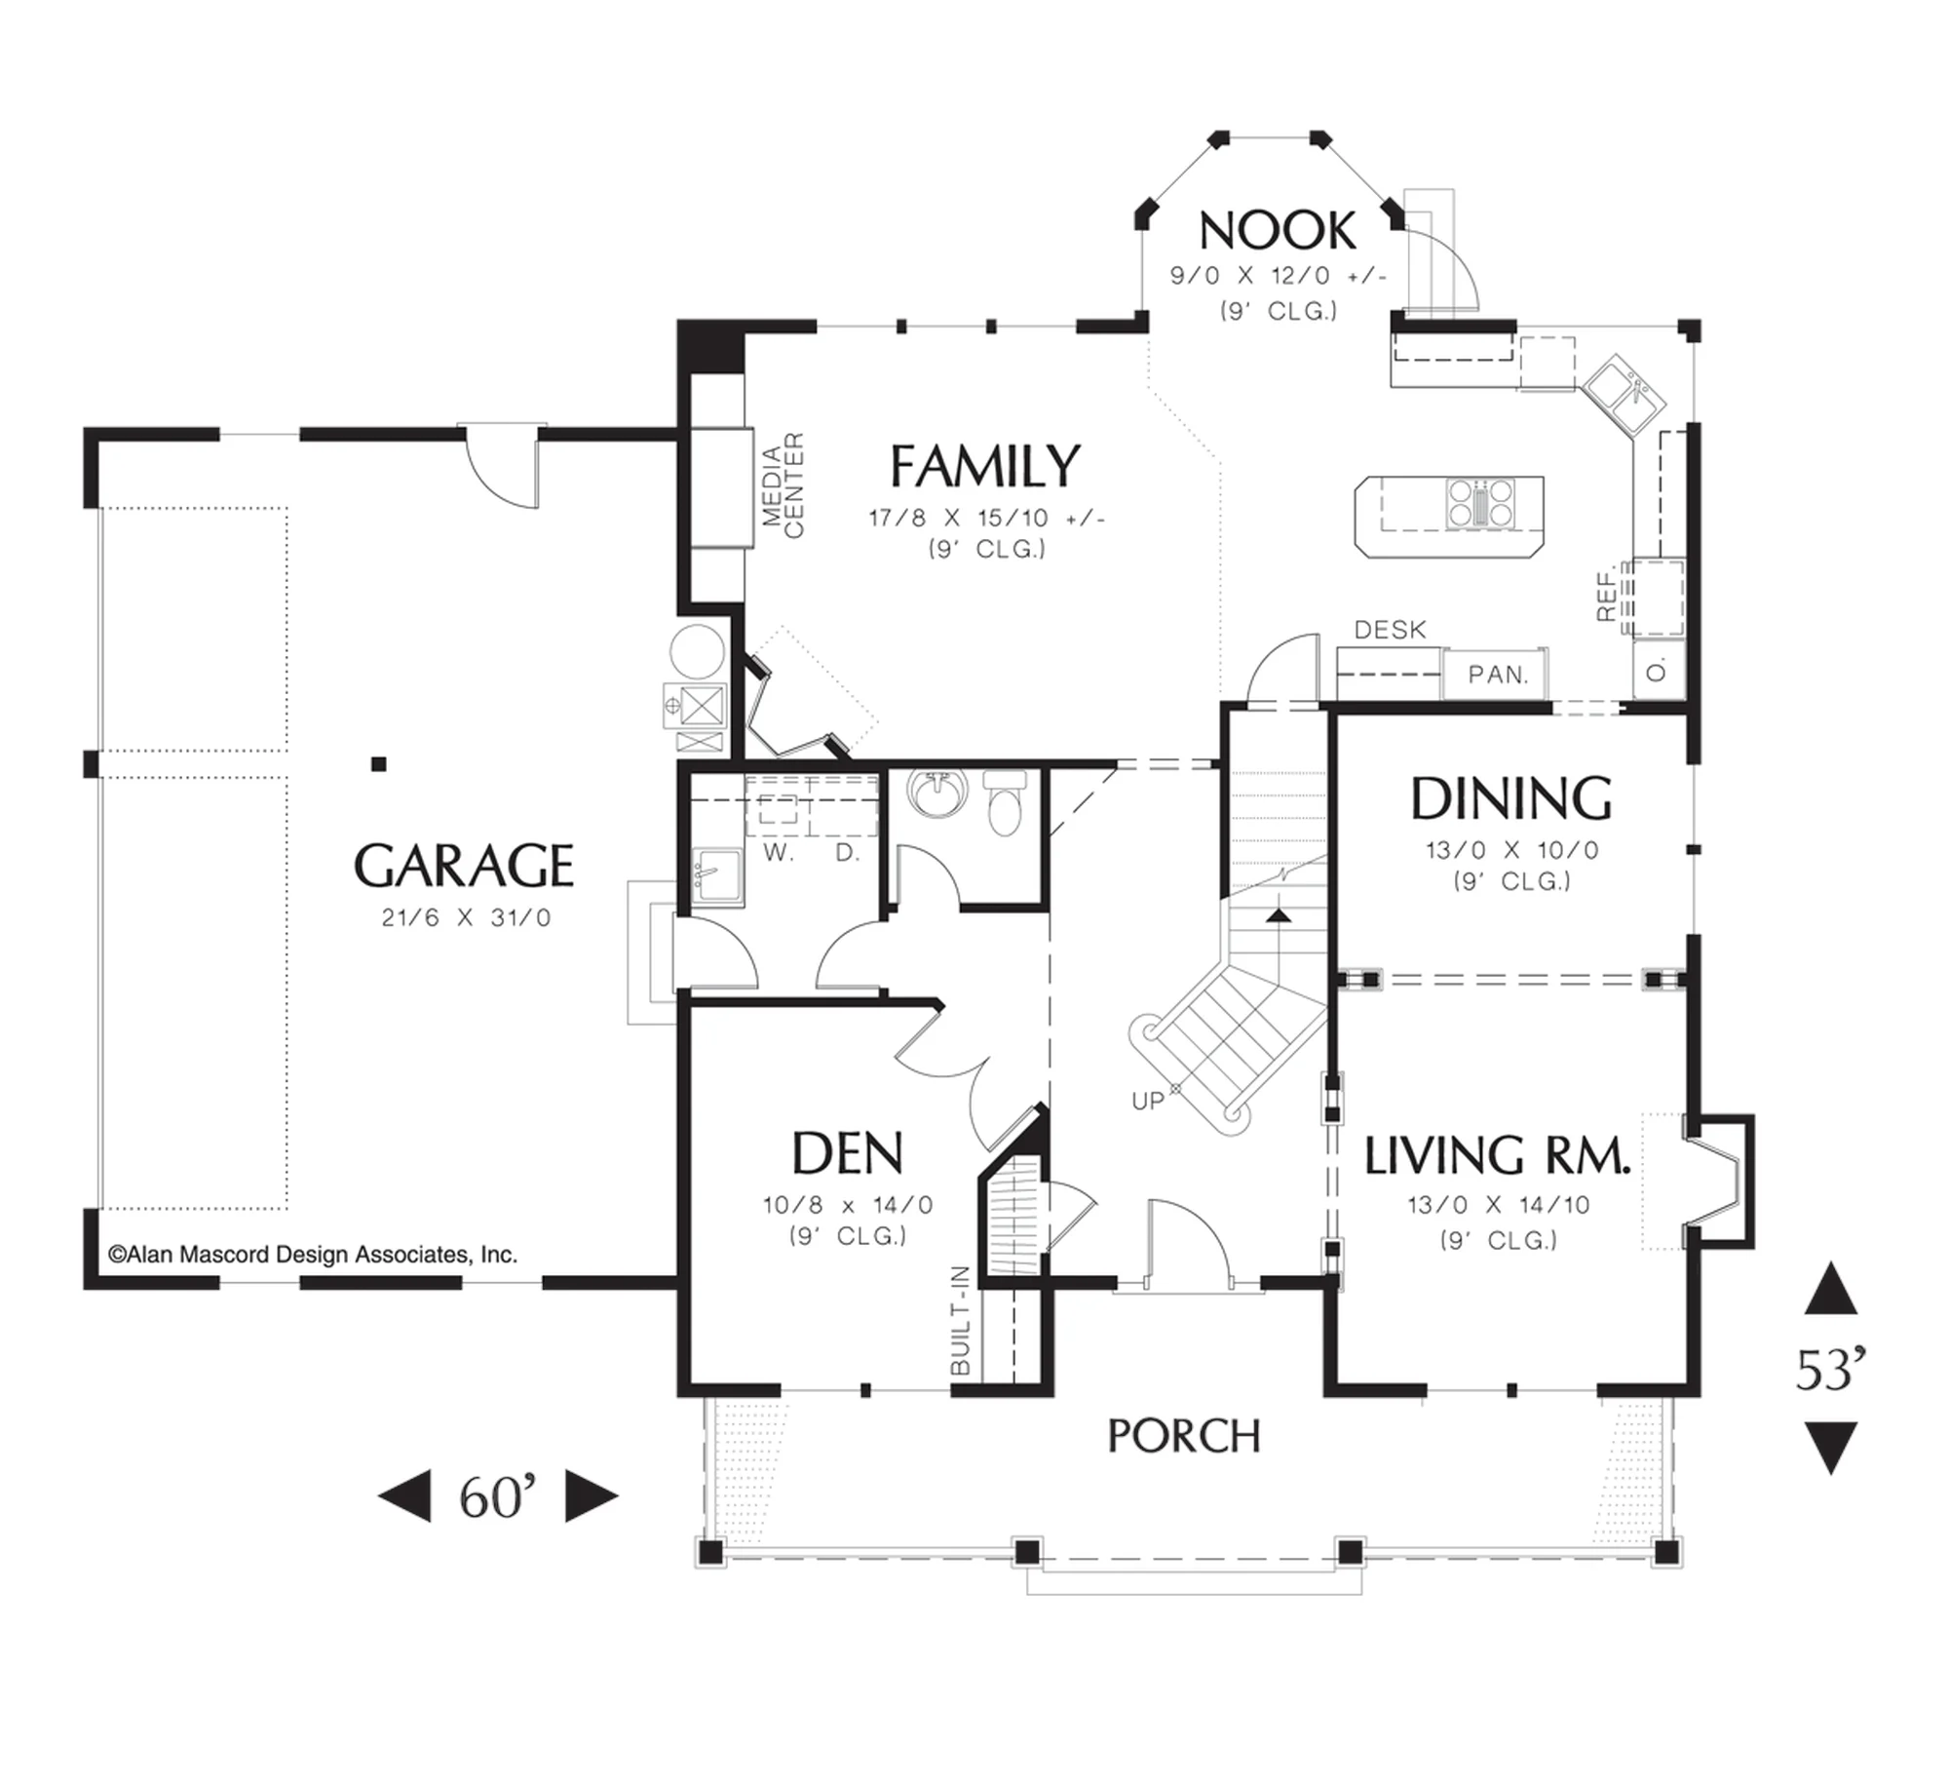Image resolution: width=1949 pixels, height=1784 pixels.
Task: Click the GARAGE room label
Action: [x=464, y=866]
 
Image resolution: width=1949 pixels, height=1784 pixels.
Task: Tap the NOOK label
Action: [x=1277, y=231]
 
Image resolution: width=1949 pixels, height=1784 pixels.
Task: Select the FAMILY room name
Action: [x=985, y=466]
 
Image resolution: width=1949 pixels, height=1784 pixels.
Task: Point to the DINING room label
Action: [x=1511, y=798]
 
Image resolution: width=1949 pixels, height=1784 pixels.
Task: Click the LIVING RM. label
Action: [x=1497, y=1155]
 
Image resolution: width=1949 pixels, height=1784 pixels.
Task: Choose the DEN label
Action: [x=847, y=1153]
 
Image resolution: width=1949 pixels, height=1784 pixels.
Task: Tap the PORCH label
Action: [x=1184, y=1436]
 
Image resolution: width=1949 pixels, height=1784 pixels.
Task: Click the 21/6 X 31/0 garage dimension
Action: [x=466, y=917]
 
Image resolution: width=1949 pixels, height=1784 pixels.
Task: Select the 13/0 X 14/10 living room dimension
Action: [x=1499, y=1205]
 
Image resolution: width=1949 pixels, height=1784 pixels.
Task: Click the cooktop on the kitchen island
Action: [x=1480, y=503]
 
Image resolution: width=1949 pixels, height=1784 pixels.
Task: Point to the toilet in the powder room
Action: [x=1005, y=801]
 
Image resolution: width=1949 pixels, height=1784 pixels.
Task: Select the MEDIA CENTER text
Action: [x=783, y=485]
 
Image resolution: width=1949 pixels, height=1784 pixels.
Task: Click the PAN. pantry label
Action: [x=1498, y=675]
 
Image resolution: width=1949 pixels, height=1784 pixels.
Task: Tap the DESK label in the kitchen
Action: [x=1390, y=630]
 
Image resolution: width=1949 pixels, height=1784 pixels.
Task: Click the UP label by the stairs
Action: [x=1148, y=1101]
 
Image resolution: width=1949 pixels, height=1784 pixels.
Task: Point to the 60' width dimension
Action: [x=498, y=1497]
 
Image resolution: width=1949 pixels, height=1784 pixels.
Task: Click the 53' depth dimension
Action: [x=1831, y=1370]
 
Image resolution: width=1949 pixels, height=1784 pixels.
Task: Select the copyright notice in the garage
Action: [x=313, y=1255]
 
